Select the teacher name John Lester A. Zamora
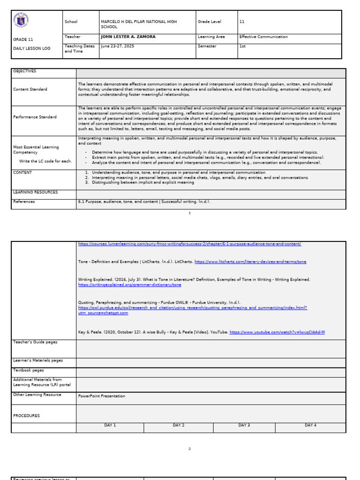tap(128, 37)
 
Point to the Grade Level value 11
tap(242, 22)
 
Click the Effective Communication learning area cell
tap(263, 37)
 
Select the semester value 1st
tap(242, 46)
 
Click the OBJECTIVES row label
tap(24, 71)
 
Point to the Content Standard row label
tap(30, 90)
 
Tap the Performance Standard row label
tap(35, 117)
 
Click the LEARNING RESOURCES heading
tap(36, 192)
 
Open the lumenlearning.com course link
tap(189, 244)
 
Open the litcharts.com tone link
tap(250, 262)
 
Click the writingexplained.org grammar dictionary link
tap(129, 285)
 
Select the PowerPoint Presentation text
tap(102, 396)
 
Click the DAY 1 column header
tap(110, 426)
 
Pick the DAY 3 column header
tap(244, 426)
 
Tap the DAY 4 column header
tap(310, 426)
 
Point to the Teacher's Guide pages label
tap(35, 342)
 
